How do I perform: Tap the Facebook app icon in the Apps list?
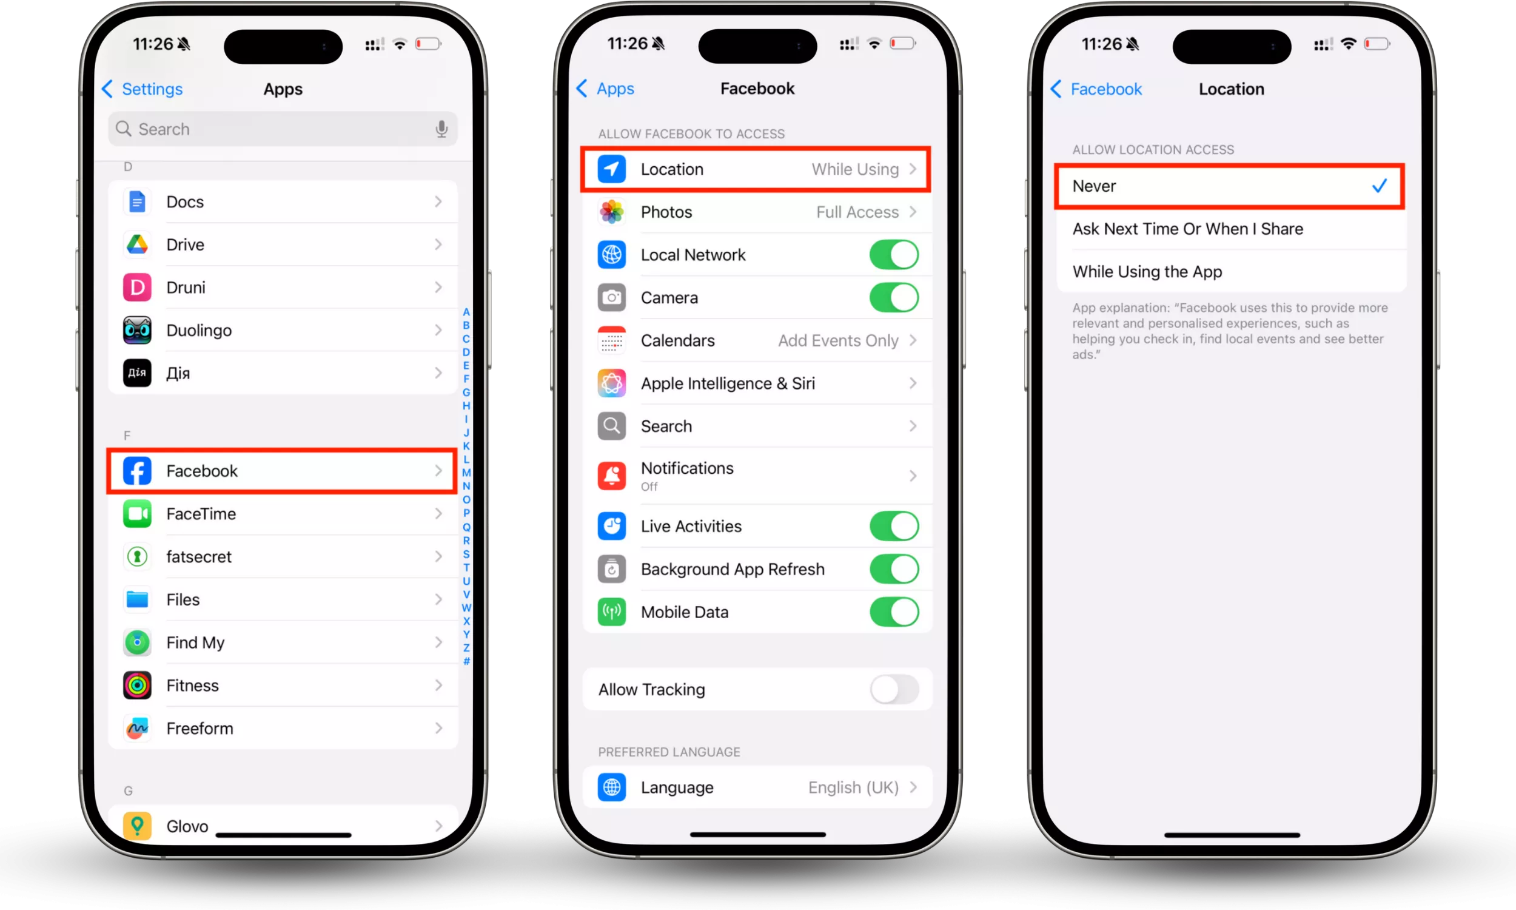(x=137, y=471)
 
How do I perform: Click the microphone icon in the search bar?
(x=441, y=129)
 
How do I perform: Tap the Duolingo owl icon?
(x=137, y=331)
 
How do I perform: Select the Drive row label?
(x=185, y=244)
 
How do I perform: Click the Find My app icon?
(x=137, y=642)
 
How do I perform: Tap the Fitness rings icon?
(x=137, y=686)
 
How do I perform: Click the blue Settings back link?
(x=142, y=89)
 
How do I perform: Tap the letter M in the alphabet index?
(x=466, y=473)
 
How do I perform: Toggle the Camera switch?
(x=894, y=297)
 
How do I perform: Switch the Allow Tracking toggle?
(x=894, y=689)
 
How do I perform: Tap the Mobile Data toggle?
(x=894, y=612)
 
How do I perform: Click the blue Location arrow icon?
(x=611, y=169)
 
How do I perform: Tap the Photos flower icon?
(x=611, y=212)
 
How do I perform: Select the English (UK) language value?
(x=853, y=787)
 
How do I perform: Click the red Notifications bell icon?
(x=611, y=476)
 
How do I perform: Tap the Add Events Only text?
(x=837, y=340)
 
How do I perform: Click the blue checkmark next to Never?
(x=1380, y=186)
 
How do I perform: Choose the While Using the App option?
(x=1147, y=272)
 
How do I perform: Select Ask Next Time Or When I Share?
(x=1187, y=229)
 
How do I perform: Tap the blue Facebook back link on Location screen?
(x=1096, y=89)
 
